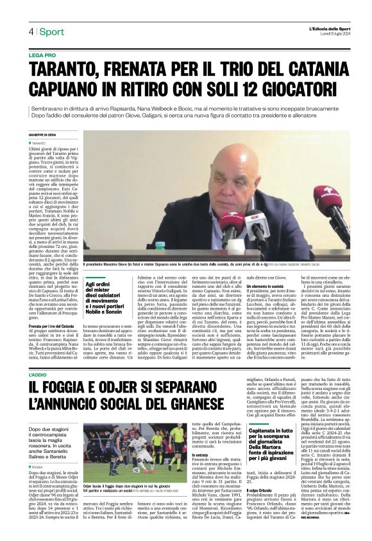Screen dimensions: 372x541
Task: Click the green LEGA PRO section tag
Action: pos(42,56)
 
